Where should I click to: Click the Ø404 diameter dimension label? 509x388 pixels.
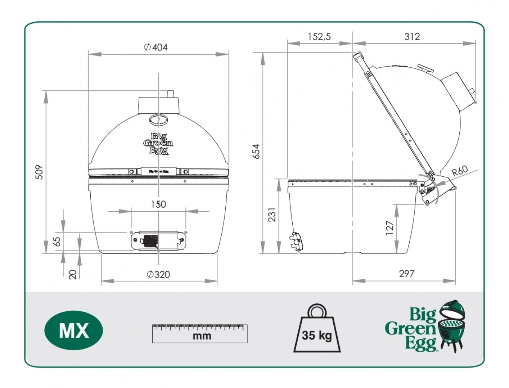(156, 47)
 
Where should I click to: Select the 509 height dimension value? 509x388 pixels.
(40, 172)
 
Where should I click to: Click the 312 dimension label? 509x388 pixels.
(412, 37)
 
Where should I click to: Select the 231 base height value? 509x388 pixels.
(272, 215)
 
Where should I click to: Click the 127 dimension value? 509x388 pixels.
(390, 228)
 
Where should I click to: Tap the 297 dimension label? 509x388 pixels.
(406, 274)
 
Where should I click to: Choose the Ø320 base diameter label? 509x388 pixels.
(158, 275)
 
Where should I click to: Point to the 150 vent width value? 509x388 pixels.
(158, 204)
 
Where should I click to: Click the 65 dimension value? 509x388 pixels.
(56, 241)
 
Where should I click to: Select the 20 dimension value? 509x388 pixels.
(73, 274)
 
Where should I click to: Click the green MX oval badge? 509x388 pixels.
(74, 330)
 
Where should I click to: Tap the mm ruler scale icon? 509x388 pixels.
(200, 333)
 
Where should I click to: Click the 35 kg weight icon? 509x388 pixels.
(316, 330)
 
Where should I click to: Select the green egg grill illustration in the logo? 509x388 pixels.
(452, 326)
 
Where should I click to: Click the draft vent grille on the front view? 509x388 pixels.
(150, 240)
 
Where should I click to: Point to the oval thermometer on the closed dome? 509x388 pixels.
(159, 120)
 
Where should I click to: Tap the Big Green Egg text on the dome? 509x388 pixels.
(158, 144)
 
